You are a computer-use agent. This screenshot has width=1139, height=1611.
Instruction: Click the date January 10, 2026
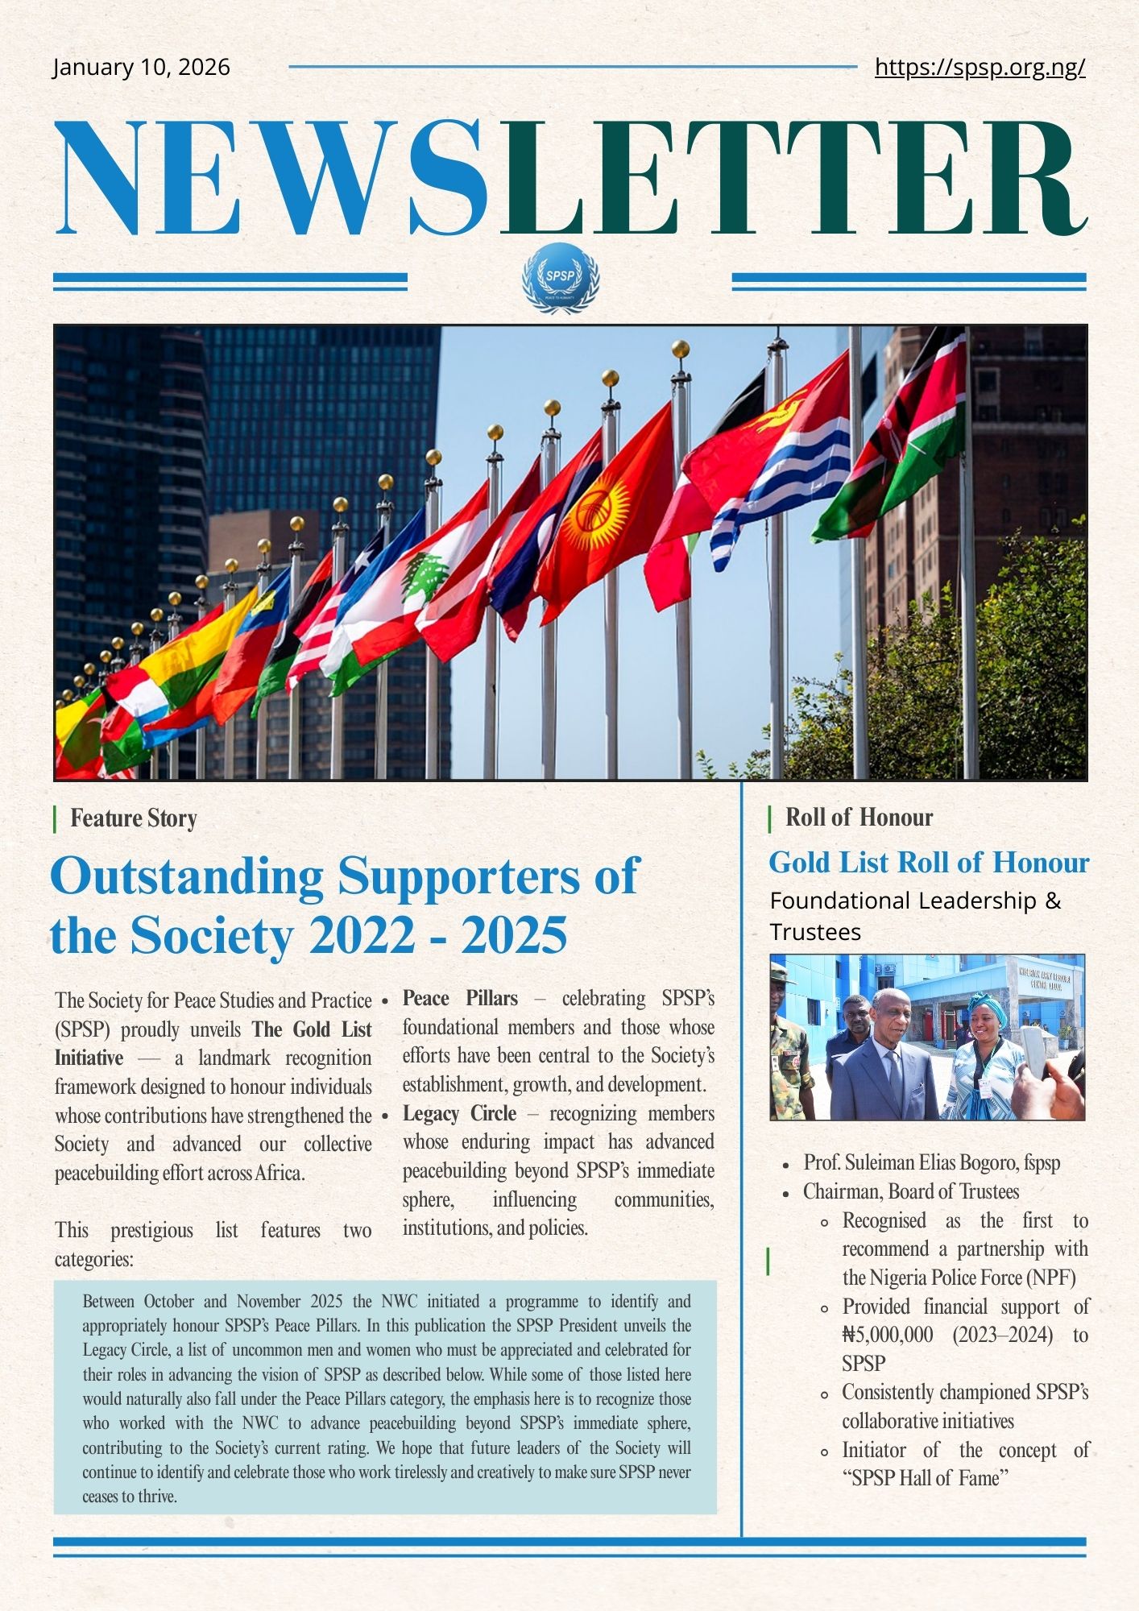141,67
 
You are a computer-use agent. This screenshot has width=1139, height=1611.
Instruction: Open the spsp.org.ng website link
980,67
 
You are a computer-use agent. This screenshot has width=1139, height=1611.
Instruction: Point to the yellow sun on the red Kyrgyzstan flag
595,511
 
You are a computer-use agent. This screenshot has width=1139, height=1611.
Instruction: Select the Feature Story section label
133,818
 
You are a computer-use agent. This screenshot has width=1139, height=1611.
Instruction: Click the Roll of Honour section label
859,818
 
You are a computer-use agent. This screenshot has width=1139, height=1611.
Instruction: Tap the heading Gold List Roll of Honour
928,863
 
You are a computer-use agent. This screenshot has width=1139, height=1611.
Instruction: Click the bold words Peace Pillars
460,999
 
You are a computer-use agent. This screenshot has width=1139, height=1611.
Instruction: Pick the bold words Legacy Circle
459,1114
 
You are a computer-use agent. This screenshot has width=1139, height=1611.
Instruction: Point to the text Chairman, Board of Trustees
910,1191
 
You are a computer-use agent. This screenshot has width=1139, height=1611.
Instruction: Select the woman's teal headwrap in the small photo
988,1004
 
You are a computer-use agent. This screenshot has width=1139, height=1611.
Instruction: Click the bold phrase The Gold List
312,1029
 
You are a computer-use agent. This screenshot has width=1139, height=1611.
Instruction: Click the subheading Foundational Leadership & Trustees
915,916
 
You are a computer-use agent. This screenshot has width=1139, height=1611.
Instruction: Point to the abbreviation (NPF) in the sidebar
1050,1278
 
